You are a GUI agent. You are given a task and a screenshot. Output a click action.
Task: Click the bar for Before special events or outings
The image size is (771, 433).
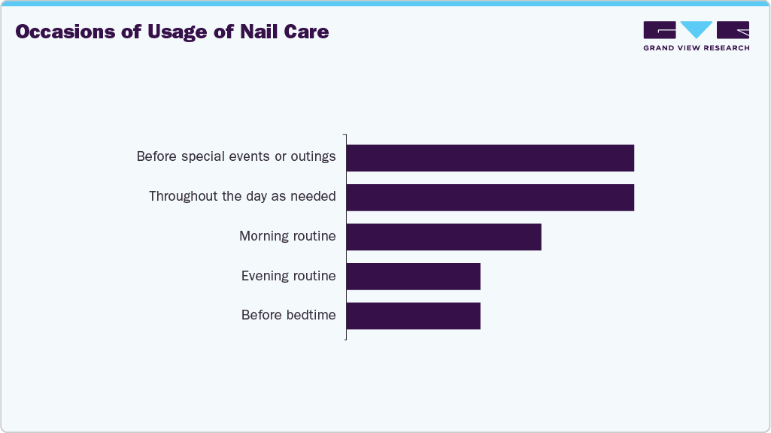point(490,158)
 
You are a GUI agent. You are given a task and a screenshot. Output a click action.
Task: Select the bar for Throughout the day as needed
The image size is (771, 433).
point(490,197)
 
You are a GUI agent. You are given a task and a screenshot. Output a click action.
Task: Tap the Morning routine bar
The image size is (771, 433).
point(444,237)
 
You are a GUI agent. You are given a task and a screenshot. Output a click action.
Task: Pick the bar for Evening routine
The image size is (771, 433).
point(413,276)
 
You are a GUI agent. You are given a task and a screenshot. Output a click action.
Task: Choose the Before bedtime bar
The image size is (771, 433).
point(413,316)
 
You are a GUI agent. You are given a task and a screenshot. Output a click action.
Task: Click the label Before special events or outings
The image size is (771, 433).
point(235,157)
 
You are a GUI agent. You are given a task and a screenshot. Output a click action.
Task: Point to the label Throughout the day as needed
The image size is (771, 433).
point(242,196)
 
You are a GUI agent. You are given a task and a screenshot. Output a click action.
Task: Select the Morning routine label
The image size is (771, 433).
point(287,236)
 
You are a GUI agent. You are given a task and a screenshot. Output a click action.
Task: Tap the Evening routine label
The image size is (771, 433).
point(288,276)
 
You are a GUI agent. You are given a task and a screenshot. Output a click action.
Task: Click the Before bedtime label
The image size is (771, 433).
point(288,315)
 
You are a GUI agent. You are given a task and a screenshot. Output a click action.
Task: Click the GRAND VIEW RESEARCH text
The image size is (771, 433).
point(696,48)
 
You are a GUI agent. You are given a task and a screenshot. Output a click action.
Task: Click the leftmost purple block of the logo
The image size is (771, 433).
point(660,30)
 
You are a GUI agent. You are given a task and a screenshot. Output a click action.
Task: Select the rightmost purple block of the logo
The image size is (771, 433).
point(733,30)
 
